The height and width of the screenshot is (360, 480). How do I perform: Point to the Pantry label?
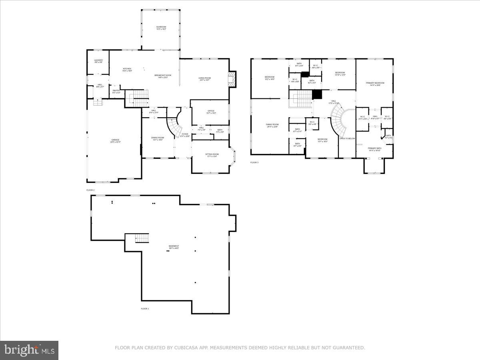[116, 91]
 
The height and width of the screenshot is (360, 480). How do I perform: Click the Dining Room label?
[158, 138]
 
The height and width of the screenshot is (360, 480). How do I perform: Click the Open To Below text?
[347, 138]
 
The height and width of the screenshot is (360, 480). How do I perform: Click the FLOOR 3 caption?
[254, 162]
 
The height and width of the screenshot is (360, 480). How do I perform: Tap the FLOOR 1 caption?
[145, 309]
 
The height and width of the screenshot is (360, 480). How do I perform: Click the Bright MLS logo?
[29, 350]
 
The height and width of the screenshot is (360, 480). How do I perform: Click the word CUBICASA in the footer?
[185, 348]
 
